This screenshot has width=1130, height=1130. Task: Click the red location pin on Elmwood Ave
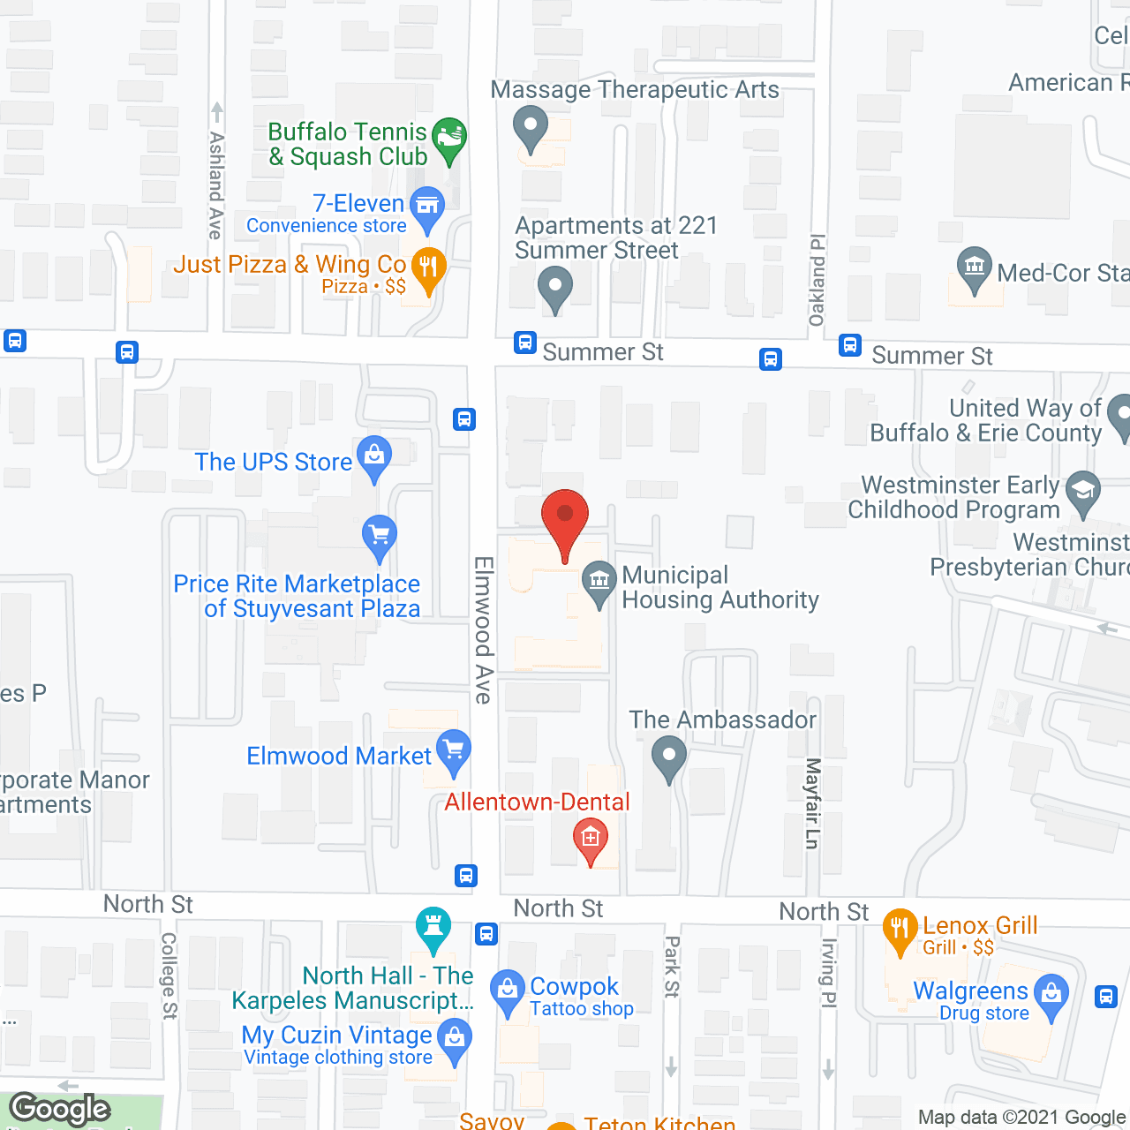tap(564, 516)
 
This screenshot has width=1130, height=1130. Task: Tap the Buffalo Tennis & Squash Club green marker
tap(450, 139)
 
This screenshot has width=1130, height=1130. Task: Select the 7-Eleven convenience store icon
tap(427, 207)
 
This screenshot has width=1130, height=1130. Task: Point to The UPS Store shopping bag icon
tap(374, 456)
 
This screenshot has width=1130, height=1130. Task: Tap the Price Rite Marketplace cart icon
tap(380, 535)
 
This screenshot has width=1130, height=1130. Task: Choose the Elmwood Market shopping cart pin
tap(453, 750)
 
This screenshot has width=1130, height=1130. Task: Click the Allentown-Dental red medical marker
tap(591, 839)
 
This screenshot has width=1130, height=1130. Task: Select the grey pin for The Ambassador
tap(668, 757)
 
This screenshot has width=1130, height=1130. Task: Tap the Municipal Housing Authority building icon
tap(599, 582)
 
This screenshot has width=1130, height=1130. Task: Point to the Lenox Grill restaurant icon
tap(900, 930)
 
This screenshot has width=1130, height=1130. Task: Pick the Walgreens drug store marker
tap(1051, 994)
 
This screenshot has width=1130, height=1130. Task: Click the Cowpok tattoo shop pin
tap(508, 990)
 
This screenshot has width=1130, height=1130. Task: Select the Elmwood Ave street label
tap(483, 629)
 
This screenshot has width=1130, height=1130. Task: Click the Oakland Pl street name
tap(817, 280)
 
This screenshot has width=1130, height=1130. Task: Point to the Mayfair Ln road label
tap(813, 803)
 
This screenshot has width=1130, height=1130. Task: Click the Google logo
tap(60, 1109)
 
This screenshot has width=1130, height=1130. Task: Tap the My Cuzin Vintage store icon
tap(455, 1038)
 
